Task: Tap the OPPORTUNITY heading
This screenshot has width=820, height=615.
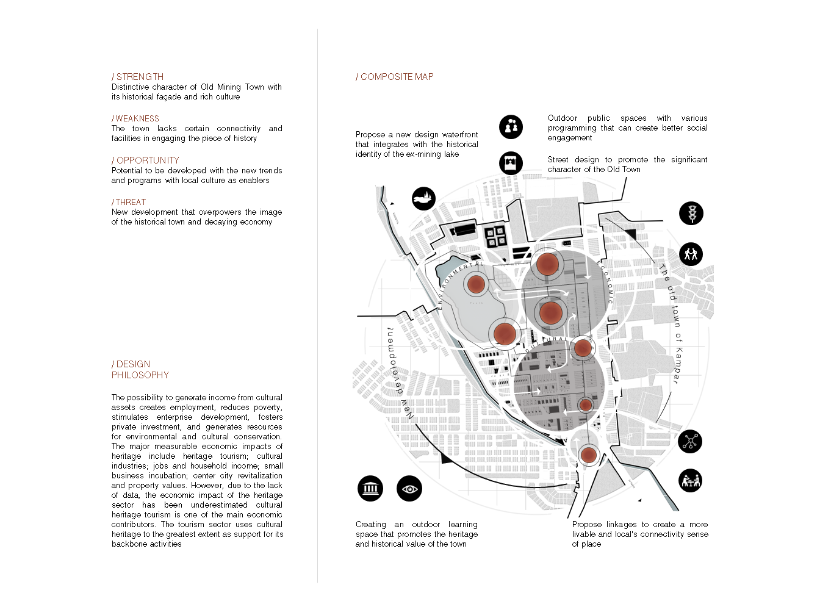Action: coord(146,160)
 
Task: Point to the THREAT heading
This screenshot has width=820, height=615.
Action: coord(129,202)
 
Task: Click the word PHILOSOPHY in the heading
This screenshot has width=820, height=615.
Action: coord(140,375)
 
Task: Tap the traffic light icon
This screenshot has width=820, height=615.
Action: coord(691,214)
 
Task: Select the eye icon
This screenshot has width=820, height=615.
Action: coord(409,489)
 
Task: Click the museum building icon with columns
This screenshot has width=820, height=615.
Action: coord(370,489)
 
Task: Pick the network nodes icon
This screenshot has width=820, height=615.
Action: coord(690,441)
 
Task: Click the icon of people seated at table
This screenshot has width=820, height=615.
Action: coord(690,481)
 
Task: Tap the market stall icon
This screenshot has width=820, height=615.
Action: coord(511,163)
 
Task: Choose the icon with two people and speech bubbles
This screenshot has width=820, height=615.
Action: coord(511,127)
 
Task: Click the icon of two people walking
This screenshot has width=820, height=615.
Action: coord(691,254)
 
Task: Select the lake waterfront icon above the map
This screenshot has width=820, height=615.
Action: coord(423,198)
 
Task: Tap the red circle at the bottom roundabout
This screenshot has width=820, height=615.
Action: coord(588,455)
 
